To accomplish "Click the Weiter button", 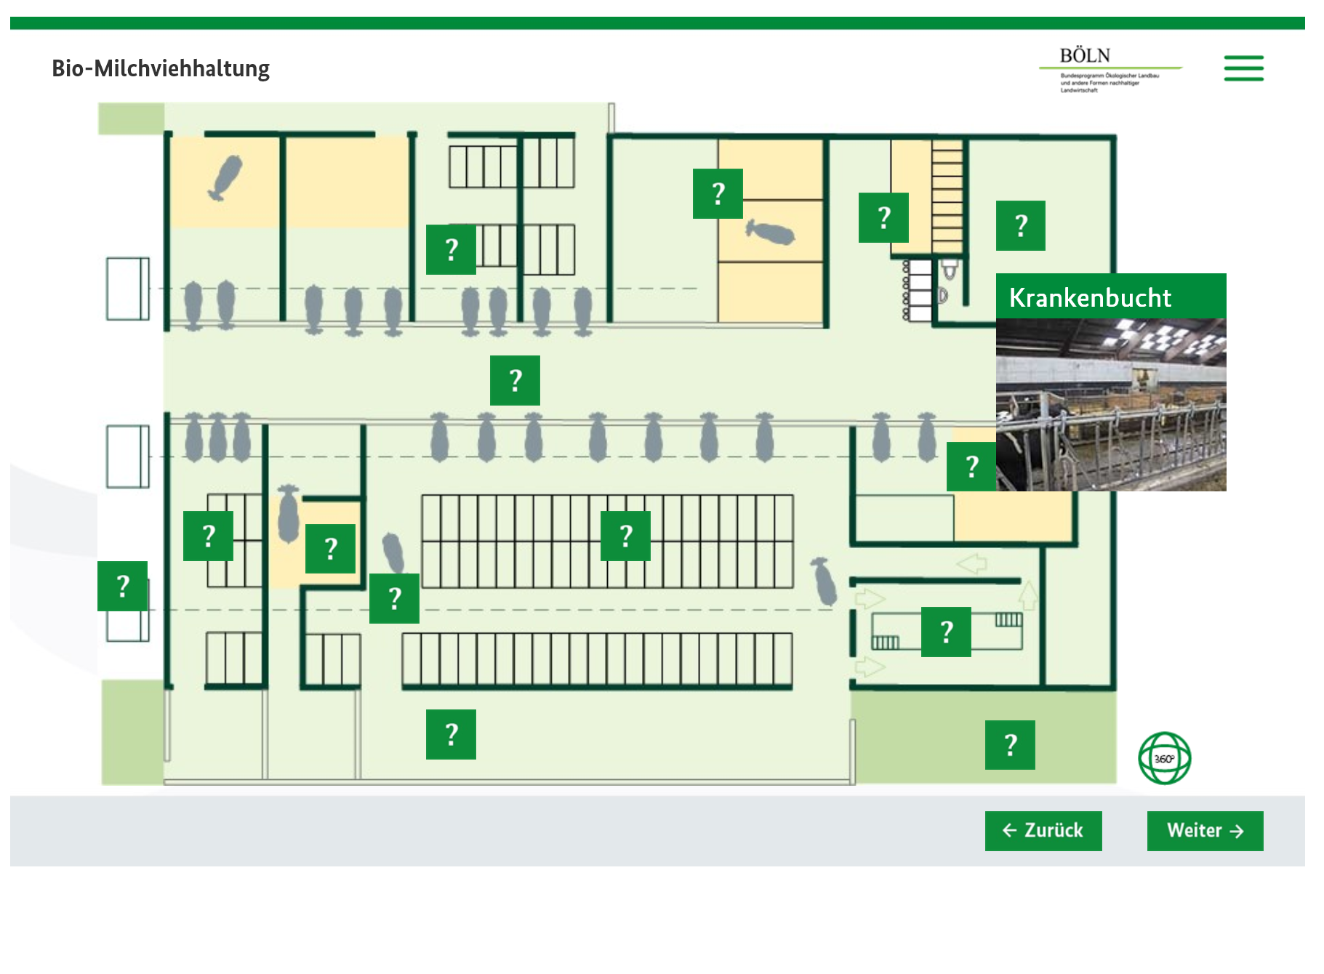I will tap(1205, 830).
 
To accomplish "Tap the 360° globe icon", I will tap(1164, 758).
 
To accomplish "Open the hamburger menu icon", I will tap(1243, 68).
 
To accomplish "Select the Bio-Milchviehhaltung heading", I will tap(161, 68).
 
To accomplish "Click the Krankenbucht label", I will tap(1090, 297).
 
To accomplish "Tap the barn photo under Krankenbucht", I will tap(1110, 404).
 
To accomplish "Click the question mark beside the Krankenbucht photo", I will tap(971, 466).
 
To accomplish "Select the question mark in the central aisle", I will tap(515, 380).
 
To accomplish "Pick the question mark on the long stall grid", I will tap(625, 536).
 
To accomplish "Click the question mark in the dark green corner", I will tap(1010, 745).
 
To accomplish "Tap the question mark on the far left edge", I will tap(123, 586).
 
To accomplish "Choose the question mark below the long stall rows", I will tap(451, 734).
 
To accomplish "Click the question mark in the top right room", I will tap(1021, 225).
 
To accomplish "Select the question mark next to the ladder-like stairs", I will tap(883, 217).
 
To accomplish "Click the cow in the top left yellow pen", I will tap(225, 177).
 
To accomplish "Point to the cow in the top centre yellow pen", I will tap(770, 233).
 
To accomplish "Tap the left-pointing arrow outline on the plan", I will tap(971, 563).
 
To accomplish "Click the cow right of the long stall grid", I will tap(825, 581).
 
